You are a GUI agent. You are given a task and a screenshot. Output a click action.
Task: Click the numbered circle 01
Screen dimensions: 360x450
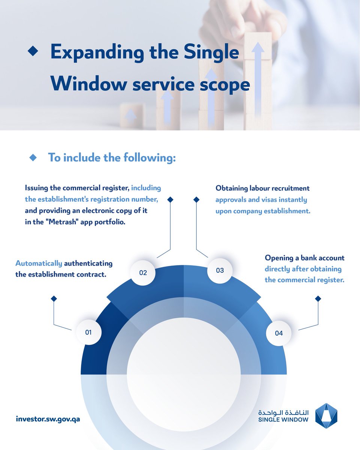coord(88,332)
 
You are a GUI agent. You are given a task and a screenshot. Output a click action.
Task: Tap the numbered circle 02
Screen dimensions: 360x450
coord(143,273)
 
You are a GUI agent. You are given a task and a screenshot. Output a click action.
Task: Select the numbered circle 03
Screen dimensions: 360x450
coord(220,270)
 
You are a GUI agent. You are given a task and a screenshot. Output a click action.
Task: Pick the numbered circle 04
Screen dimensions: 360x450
coord(279,333)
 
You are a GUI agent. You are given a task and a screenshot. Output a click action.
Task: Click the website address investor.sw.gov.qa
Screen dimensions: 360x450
coord(48,418)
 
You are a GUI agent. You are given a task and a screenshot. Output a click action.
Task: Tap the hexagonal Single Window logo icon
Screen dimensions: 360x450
coord(326,415)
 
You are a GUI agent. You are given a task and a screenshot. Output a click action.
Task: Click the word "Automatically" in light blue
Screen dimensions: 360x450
coord(39,263)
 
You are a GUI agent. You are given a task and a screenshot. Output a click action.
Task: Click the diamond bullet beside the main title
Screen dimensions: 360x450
coord(33,52)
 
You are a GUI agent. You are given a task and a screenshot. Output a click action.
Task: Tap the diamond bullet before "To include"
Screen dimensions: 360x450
coord(33,157)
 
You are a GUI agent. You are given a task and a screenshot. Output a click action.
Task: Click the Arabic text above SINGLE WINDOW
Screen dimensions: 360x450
coord(283,412)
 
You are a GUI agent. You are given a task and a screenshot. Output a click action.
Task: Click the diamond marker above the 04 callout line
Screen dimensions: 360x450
coord(318,298)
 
